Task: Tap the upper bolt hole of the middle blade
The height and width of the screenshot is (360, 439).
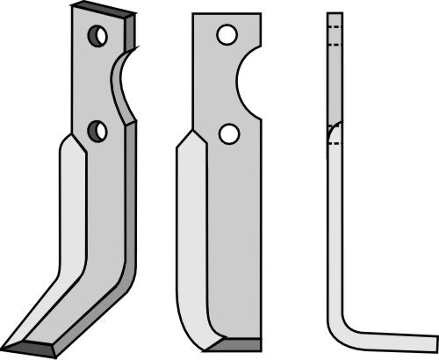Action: [x=227, y=36]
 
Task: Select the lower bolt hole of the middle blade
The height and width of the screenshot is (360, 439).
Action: [x=228, y=133]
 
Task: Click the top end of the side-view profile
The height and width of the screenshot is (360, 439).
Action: [x=334, y=14]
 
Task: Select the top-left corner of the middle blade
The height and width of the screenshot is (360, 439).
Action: [x=193, y=15]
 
